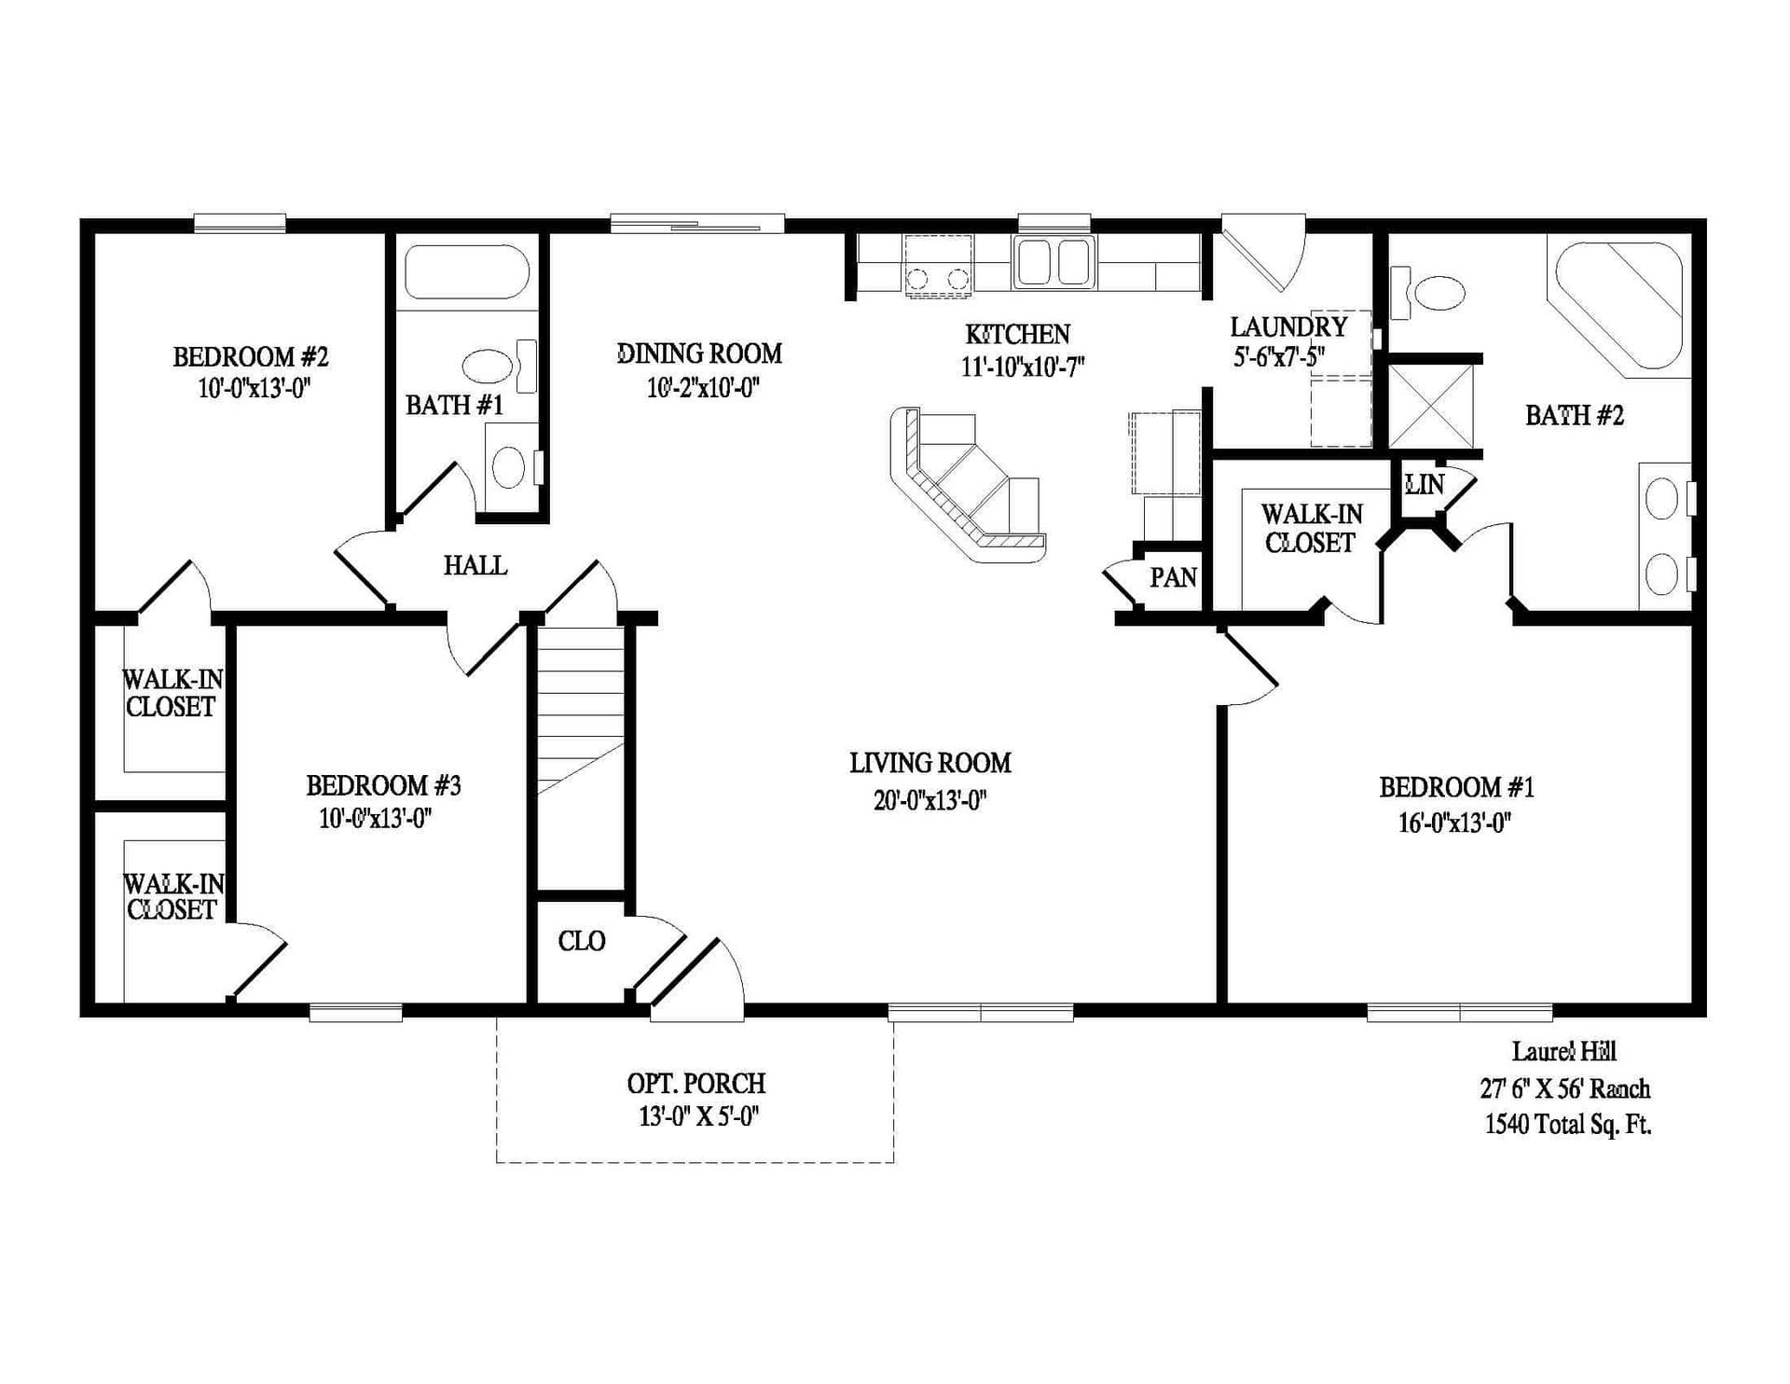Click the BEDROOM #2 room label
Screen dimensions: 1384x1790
[250, 357]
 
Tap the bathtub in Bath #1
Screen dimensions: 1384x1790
[467, 271]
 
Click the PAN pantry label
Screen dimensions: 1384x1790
[1173, 578]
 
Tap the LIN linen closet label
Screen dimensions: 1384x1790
[1424, 484]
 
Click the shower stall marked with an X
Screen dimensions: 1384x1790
[1431, 407]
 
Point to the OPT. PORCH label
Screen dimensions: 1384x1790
[695, 1084]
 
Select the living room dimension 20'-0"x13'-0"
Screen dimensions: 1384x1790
[929, 800]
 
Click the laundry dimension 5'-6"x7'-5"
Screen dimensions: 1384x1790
[1279, 356]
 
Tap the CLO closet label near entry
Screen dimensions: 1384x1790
[582, 941]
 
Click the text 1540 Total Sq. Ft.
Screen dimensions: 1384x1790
[1567, 1125]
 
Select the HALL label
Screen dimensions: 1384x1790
[475, 565]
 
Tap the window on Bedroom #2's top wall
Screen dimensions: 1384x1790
[240, 223]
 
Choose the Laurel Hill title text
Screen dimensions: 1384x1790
[1563, 1052]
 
